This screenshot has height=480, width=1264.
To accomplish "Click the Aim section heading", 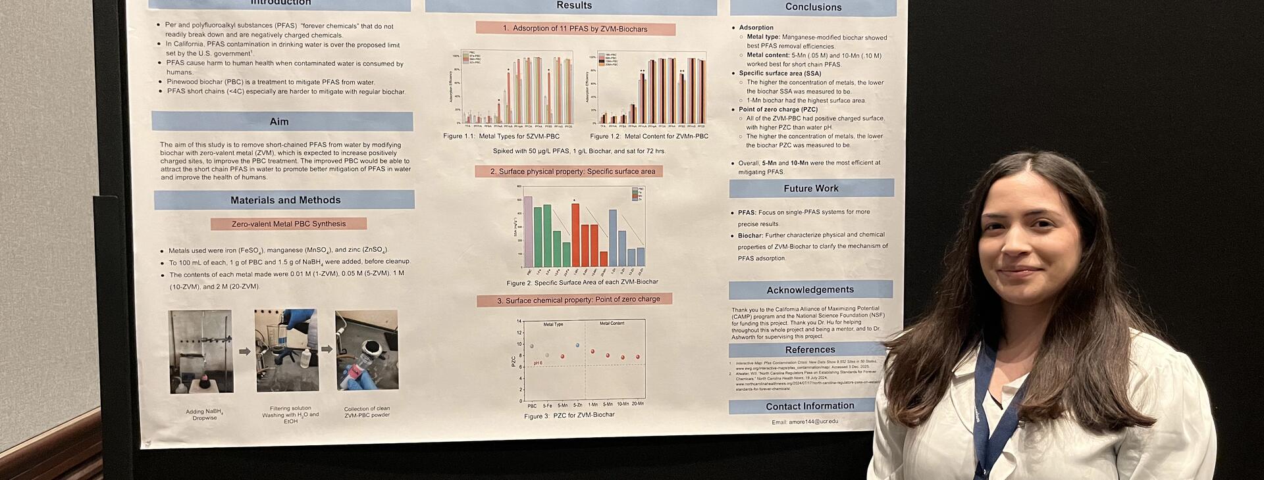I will (x=279, y=122).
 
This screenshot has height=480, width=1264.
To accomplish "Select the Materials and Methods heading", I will (x=285, y=201).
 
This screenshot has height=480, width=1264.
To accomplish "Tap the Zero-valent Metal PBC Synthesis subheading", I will (x=288, y=224).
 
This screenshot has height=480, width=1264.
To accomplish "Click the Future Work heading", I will (x=811, y=189).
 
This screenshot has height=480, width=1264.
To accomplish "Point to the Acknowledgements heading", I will (x=810, y=290).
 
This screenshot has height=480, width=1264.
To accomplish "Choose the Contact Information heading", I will (x=810, y=406).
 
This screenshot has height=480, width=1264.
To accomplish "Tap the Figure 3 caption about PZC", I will (x=569, y=416).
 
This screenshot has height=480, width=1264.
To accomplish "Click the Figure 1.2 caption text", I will (x=649, y=137).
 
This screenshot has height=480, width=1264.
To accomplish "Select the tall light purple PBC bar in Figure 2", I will (x=528, y=231).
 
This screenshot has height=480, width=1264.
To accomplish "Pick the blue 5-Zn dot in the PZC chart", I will (x=577, y=345).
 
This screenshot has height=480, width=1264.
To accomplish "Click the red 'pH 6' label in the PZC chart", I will (x=538, y=363).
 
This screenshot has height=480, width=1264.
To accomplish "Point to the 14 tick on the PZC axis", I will (x=519, y=322).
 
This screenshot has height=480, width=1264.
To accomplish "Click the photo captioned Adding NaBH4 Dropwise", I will (x=201, y=352).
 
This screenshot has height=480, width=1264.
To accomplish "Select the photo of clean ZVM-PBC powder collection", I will (x=367, y=350).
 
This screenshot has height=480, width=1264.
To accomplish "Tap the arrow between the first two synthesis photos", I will (x=244, y=352).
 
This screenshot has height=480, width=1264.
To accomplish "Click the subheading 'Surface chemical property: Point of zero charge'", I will (x=575, y=300).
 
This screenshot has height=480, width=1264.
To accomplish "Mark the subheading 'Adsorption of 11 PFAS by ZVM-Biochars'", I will (x=575, y=29).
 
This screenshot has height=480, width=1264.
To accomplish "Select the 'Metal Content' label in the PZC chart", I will (x=612, y=324).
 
